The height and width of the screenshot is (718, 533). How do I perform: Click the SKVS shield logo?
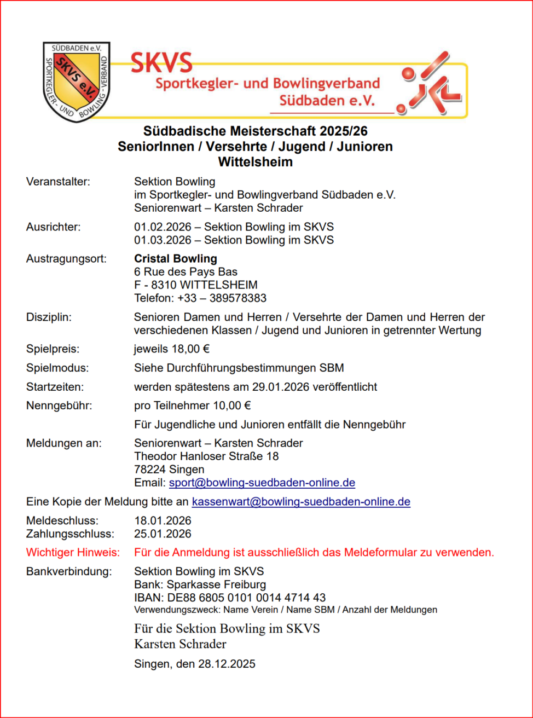coord(77,81)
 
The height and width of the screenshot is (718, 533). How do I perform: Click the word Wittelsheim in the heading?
coord(255,162)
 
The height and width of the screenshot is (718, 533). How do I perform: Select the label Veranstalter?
coord(58,182)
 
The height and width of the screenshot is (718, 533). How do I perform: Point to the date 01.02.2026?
coord(163,227)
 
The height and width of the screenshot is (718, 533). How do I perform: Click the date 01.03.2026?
coord(163,240)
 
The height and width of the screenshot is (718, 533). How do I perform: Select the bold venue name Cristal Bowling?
coord(176,259)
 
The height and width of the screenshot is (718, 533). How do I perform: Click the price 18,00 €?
coord(191,349)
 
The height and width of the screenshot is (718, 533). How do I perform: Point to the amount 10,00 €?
coord(232,406)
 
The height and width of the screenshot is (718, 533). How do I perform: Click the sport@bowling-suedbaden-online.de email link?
coord(262,483)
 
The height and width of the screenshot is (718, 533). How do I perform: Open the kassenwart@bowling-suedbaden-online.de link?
coord(300,502)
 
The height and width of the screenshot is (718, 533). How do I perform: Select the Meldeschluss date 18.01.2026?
coord(163,520)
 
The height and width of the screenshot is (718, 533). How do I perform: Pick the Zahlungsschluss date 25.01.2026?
coord(163,534)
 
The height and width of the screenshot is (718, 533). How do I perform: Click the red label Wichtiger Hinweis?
coord(73,553)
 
